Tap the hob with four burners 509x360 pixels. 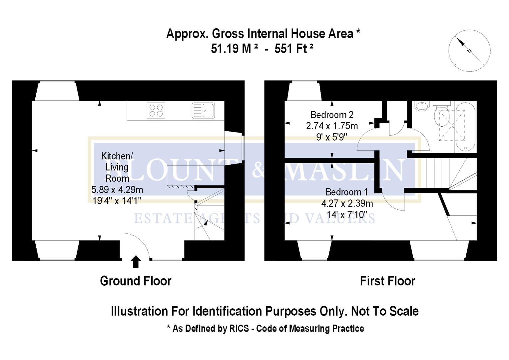click(156, 111)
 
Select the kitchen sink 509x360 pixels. click(203, 110)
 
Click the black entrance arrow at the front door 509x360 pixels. click(136, 262)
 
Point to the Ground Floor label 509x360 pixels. click(136, 281)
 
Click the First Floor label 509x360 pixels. click(387, 281)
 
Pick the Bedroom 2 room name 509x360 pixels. click(332, 115)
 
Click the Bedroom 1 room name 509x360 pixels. click(346, 192)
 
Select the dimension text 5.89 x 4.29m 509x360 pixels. click(117, 190)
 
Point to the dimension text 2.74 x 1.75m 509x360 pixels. click(332, 126)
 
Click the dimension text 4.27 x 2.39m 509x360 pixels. click(347, 203)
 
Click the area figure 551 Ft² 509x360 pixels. click(294, 49)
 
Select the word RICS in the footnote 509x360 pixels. click(239, 329)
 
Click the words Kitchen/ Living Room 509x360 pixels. click(117, 167)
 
